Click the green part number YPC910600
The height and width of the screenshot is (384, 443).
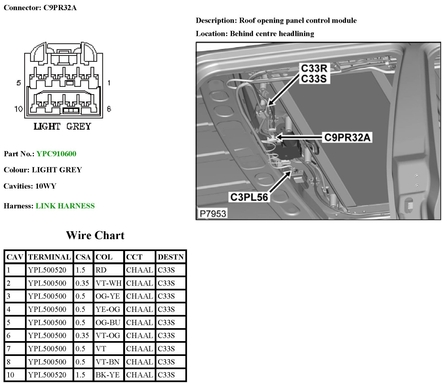coord(56,154)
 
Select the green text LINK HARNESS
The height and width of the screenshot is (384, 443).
coord(65,206)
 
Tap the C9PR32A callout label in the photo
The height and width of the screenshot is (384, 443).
coord(347,137)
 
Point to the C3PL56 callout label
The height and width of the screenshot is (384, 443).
coord(249,197)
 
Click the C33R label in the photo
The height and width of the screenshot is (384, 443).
coord(314,68)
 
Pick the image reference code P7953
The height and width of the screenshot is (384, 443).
coord(213,214)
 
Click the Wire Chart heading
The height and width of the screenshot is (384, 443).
coord(95,235)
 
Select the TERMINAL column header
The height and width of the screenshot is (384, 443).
coord(49,257)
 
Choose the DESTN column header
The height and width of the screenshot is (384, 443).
coord(171,257)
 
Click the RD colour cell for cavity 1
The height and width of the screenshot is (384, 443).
coord(101,270)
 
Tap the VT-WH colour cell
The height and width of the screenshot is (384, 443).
coord(108,283)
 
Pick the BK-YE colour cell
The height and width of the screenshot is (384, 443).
coord(108,375)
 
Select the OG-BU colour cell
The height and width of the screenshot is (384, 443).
coord(108,322)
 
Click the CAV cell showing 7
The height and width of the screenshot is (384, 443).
coord(9,349)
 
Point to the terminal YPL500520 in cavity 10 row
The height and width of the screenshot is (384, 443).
coord(47,375)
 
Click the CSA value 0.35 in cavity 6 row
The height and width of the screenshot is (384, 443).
coord(82,335)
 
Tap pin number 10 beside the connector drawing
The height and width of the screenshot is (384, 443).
coord(18,109)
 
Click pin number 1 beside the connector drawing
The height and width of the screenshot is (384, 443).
coord(109,83)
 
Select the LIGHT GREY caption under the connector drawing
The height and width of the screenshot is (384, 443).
coord(62,127)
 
